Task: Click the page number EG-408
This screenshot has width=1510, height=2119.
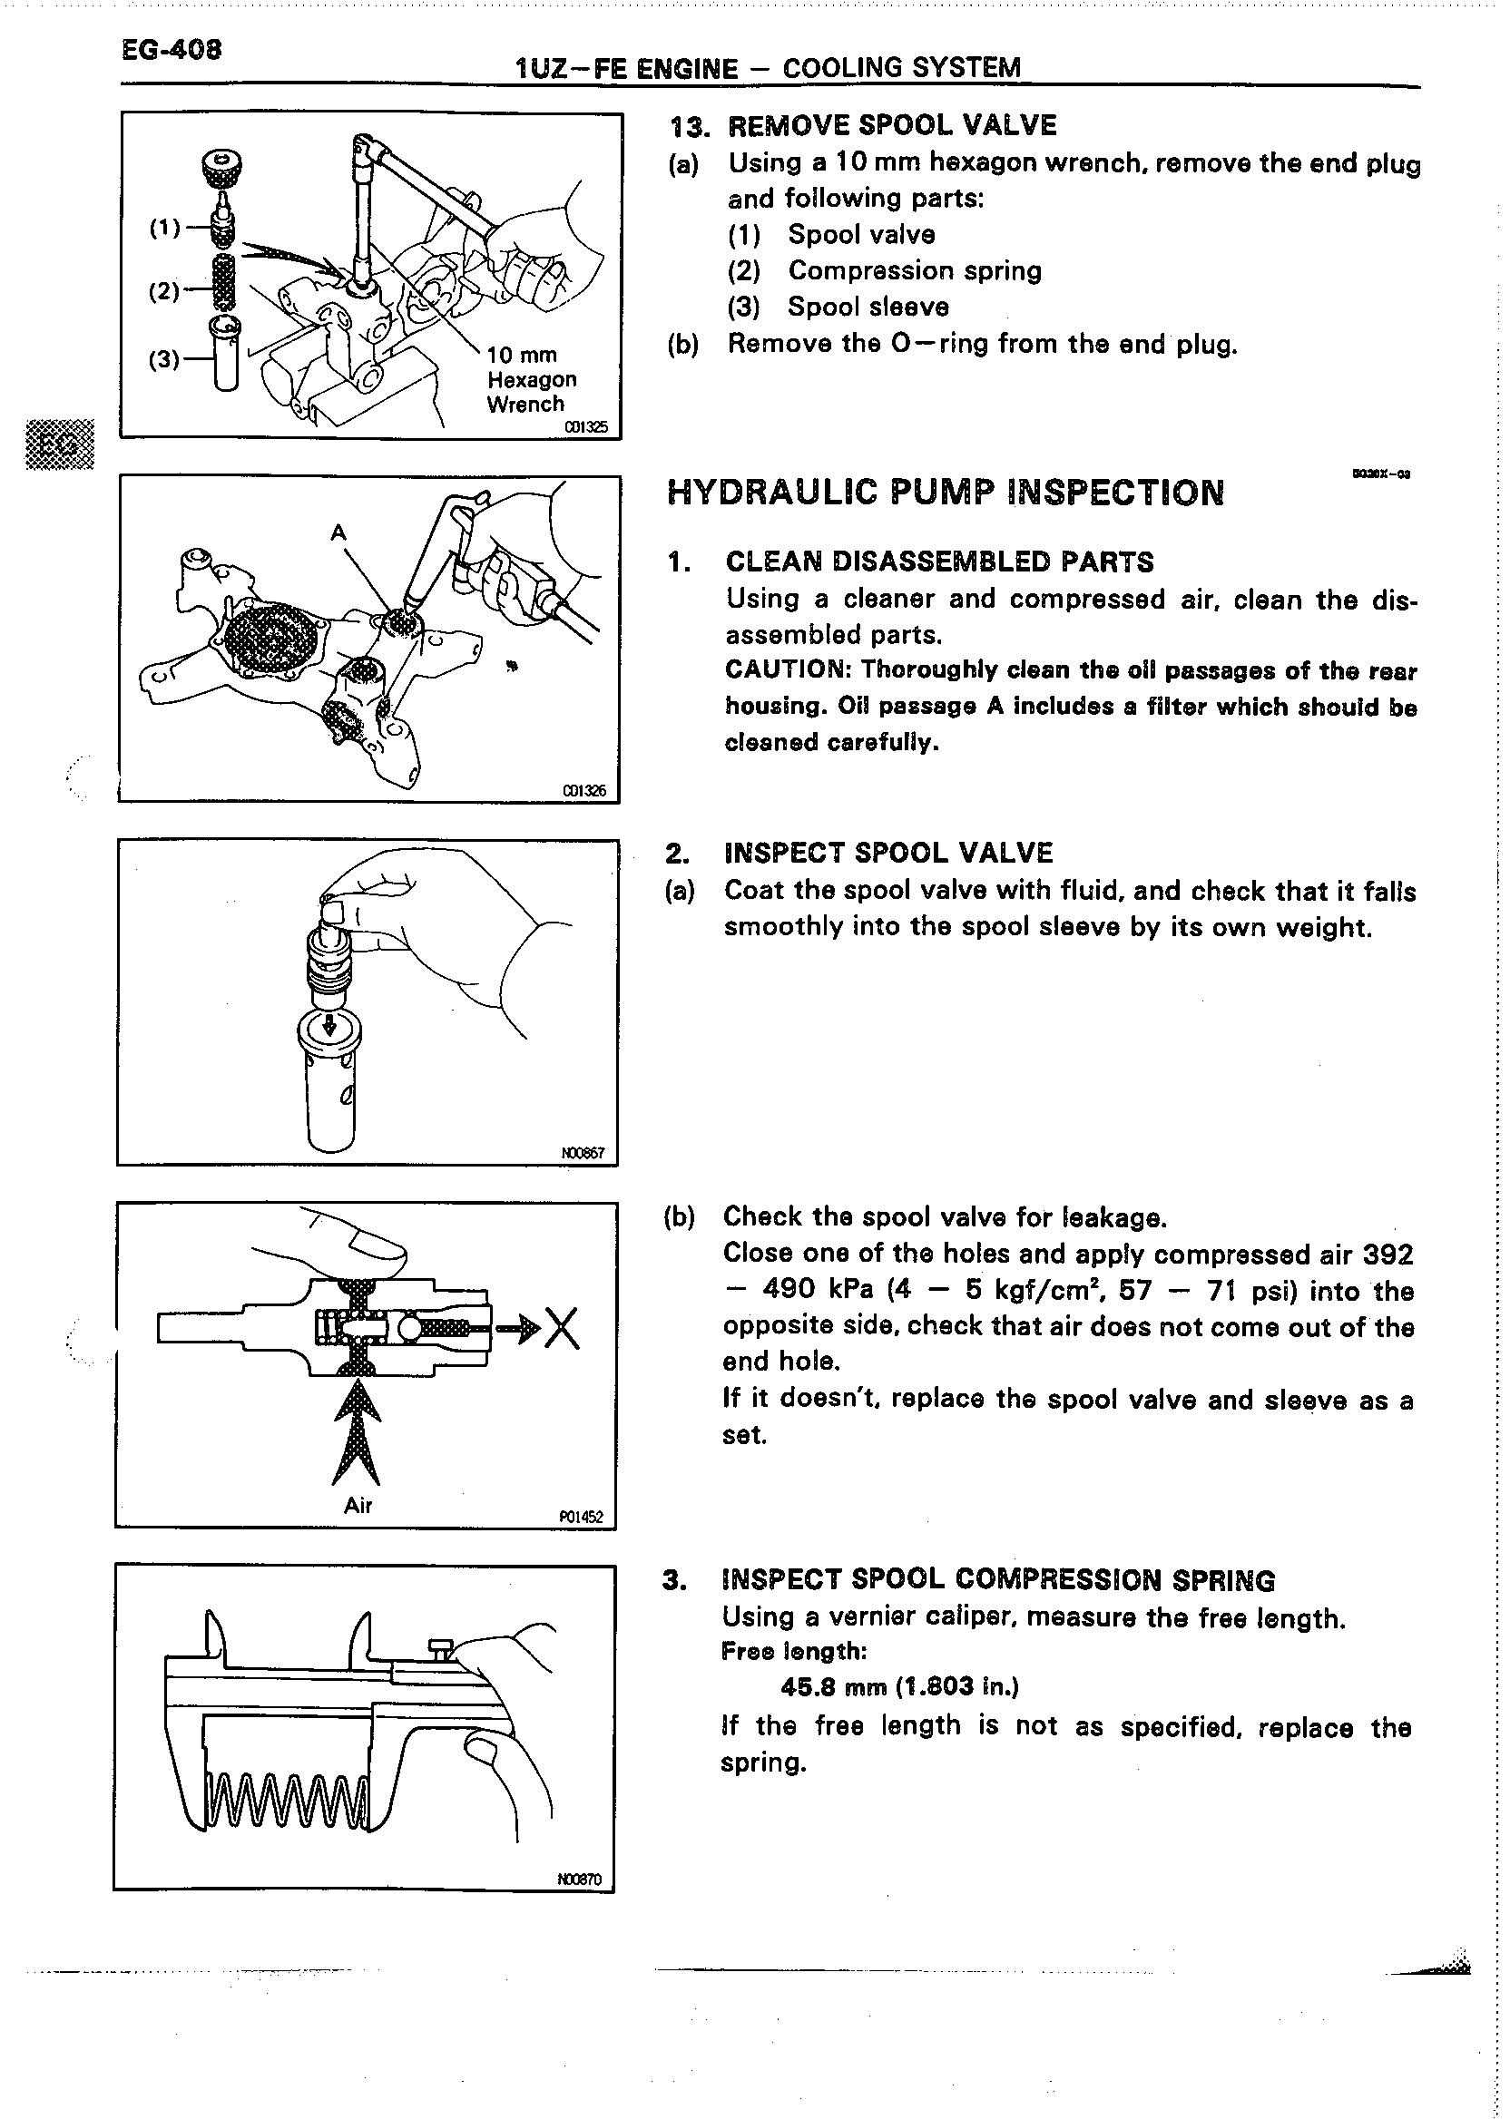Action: coord(172,48)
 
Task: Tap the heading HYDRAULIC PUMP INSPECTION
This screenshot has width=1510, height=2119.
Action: coord(945,492)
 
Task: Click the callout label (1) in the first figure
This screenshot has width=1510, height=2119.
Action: coord(164,227)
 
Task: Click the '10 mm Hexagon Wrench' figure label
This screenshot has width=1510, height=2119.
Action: coord(531,379)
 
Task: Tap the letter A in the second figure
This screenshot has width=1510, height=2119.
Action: coord(338,532)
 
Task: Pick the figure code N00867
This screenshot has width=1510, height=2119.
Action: coord(583,1152)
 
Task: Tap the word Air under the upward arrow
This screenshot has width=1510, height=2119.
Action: coord(358,1506)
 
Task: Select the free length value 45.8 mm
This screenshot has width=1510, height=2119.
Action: coord(899,1687)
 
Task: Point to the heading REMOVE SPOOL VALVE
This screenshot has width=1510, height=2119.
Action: coord(891,125)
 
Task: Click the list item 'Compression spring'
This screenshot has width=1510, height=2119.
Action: coord(914,270)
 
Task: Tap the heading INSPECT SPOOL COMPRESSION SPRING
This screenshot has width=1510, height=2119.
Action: coord(997,1580)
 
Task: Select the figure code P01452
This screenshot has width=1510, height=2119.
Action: coord(581,1518)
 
